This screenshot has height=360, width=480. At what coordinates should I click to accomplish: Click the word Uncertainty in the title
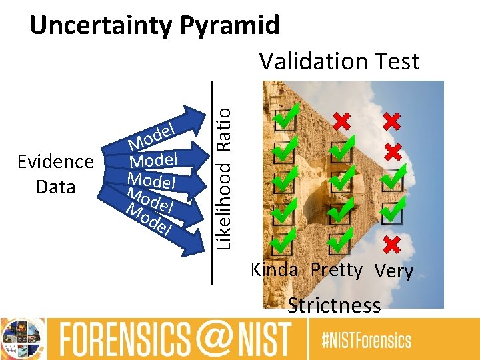[100, 25]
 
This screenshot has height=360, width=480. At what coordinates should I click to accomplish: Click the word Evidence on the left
[55, 162]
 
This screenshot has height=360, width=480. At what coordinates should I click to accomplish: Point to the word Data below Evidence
[55, 187]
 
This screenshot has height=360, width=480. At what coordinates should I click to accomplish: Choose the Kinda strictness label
[274, 270]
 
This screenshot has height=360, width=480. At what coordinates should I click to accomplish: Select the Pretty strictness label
[336, 270]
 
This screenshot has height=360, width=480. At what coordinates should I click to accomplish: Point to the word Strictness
[334, 305]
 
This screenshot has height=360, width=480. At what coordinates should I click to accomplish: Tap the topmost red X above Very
[392, 121]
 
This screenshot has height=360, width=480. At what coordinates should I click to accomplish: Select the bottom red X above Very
[392, 245]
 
